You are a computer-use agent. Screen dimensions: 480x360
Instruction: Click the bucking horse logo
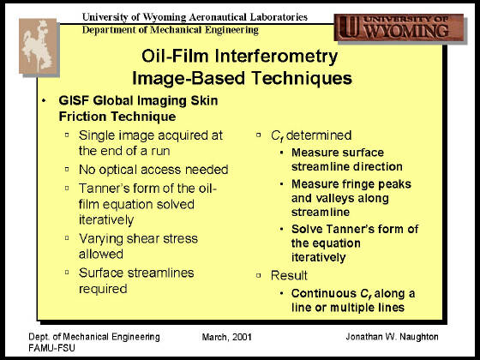(39, 46)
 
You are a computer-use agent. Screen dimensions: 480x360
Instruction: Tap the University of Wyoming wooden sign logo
(399, 27)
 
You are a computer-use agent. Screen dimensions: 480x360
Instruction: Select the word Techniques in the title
(302, 78)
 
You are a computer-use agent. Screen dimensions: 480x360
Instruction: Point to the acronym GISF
(74, 101)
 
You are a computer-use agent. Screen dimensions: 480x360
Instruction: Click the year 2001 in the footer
(242, 337)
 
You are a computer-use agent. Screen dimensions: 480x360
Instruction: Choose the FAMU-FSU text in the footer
(51, 348)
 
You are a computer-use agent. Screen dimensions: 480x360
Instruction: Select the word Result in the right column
(289, 275)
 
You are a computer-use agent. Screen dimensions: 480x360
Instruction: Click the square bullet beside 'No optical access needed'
(67, 169)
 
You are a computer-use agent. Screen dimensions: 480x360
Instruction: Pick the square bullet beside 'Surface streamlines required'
(67, 273)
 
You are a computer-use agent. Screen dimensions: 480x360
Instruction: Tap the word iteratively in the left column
(106, 220)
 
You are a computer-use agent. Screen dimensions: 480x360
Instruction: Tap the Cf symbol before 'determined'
(277, 136)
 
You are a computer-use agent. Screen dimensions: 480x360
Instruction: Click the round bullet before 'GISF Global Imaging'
(44, 101)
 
